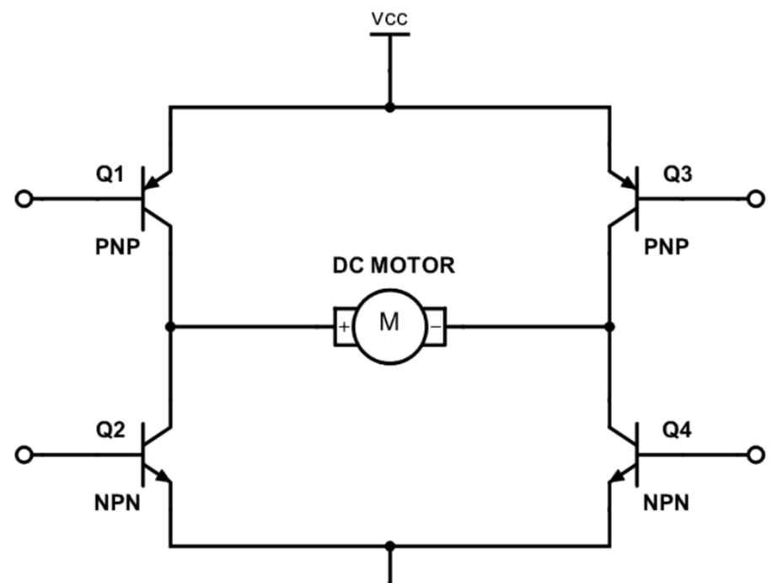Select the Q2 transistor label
(x=110, y=431)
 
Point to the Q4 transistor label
(x=679, y=431)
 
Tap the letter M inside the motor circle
(x=389, y=324)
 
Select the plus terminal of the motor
(x=345, y=327)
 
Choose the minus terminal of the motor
(x=434, y=327)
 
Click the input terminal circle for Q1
(x=24, y=200)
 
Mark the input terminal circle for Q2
(x=24, y=455)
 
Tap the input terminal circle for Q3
(x=755, y=200)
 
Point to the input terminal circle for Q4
(x=755, y=455)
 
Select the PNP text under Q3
(x=666, y=249)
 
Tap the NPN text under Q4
(x=666, y=504)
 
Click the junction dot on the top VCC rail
(x=389, y=107)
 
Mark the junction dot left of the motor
(x=171, y=326)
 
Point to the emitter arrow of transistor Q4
(x=617, y=479)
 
